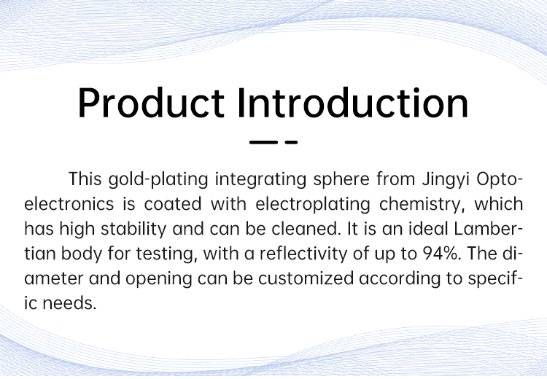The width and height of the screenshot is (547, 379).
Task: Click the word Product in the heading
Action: pyautogui.click(x=151, y=103)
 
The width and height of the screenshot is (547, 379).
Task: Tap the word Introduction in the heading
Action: pyautogui.click(x=353, y=103)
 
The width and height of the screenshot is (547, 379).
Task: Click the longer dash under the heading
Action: pyautogui.click(x=263, y=142)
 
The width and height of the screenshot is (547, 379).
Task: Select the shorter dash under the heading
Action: pyautogui.click(x=291, y=142)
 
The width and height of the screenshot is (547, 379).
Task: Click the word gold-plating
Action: pyautogui.click(x=158, y=180)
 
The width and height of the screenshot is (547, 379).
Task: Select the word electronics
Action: pyautogui.click(x=69, y=204)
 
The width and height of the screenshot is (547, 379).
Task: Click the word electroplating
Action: pyautogui.click(x=313, y=205)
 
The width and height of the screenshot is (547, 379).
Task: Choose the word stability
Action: pyautogui.click(x=133, y=230)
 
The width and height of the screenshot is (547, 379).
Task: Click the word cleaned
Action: pyautogui.click(x=306, y=229)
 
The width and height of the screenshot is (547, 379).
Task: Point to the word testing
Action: pyautogui.click(x=165, y=254)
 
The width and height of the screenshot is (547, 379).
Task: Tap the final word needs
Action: pyautogui.click(x=69, y=303)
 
